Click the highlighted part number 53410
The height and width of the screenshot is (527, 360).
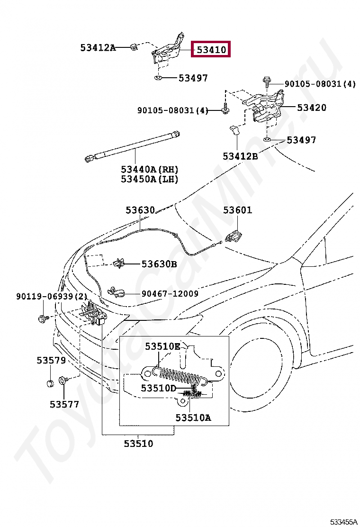pyautogui.click(x=211, y=50)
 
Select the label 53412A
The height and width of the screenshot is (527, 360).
pyautogui.click(x=98, y=48)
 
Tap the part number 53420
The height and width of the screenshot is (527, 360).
pyautogui.click(x=312, y=108)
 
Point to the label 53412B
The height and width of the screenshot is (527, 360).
pyautogui.click(x=241, y=156)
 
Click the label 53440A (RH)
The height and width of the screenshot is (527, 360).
pyautogui.click(x=149, y=169)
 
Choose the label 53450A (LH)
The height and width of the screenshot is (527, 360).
pyautogui.click(x=149, y=179)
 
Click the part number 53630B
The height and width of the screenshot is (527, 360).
pyautogui.click(x=159, y=264)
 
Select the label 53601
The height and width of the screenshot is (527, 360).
pyautogui.click(x=237, y=210)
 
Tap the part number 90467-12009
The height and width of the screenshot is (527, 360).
pyautogui.click(x=170, y=293)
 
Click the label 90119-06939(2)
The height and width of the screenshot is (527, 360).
pyautogui.click(x=52, y=297)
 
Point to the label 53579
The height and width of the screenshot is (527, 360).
pyautogui.click(x=51, y=360)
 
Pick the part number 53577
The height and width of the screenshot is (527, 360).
pyautogui.click(x=64, y=404)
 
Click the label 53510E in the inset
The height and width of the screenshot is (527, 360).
pyautogui.click(x=162, y=346)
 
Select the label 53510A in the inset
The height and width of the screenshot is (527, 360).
pyautogui.click(x=193, y=418)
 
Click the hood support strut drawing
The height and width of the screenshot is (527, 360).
pyautogui.click(x=132, y=145)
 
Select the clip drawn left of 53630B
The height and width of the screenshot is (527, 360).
pyautogui.click(x=118, y=263)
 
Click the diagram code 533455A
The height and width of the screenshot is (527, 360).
pyautogui.click(x=343, y=522)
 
